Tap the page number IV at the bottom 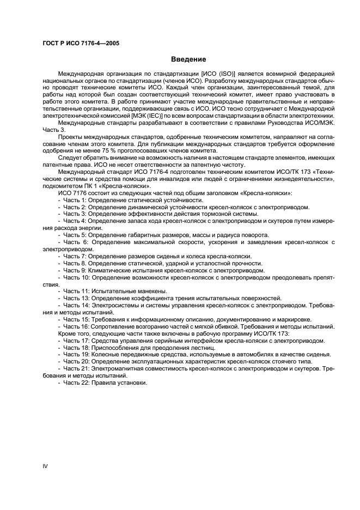45,466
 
